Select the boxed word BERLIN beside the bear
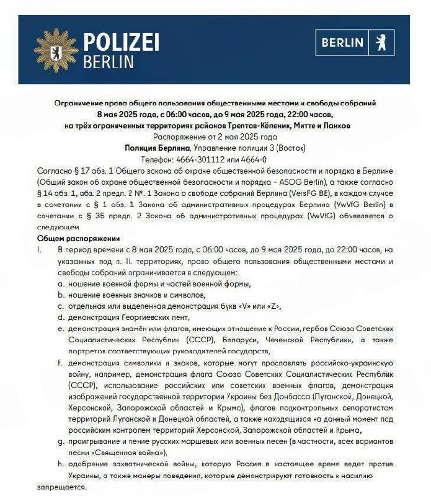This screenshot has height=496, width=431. click(343, 43)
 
